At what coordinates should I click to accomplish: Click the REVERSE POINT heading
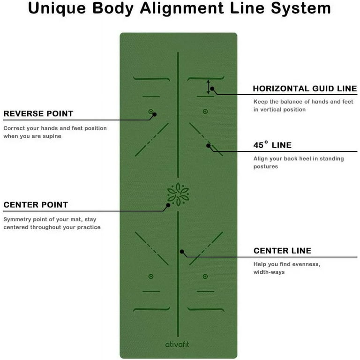(38, 113)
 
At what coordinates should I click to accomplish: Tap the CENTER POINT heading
(36, 205)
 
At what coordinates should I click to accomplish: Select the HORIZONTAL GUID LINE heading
(305, 89)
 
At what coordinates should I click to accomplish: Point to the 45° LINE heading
(272, 145)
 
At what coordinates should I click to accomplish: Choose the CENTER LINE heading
(282, 251)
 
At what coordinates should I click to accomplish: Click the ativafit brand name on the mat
(177, 345)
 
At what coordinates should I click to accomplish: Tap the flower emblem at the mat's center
(178, 194)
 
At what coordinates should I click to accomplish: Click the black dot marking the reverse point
(155, 114)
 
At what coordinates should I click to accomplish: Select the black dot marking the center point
(168, 205)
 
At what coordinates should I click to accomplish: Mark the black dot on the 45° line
(208, 146)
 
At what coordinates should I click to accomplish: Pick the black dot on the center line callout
(182, 252)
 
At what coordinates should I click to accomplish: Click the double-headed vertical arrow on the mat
(208, 87)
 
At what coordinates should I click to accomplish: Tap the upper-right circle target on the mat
(205, 112)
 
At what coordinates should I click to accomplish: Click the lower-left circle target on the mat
(151, 277)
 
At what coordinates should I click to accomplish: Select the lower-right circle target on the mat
(205, 277)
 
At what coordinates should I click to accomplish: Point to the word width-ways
(269, 272)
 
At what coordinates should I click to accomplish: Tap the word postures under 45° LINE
(266, 167)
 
